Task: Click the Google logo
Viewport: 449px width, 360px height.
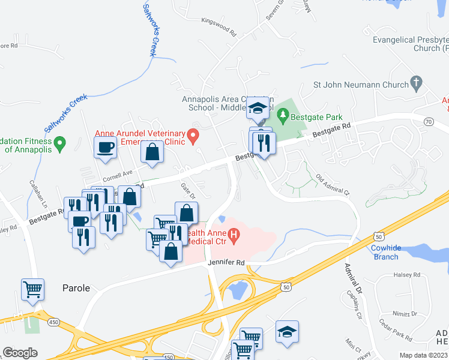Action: (x=20, y=353)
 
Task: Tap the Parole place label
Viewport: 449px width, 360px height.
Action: (x=76, y=288)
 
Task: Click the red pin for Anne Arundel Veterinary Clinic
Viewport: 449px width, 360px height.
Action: (x=193, y=137)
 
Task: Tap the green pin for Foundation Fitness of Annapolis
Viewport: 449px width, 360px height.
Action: (x=59, y=143)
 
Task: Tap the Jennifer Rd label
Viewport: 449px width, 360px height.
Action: (x=226, y=262)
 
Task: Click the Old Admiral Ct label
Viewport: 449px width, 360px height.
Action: (x=332, y=184)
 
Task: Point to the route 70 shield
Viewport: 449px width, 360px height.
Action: (x=428, y=121)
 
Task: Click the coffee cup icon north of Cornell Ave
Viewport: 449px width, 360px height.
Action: (x=106, y=148)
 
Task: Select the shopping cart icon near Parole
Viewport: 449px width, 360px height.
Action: (x=32, y=290)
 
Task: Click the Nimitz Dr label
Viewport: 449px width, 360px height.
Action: (x=406, y=313)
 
